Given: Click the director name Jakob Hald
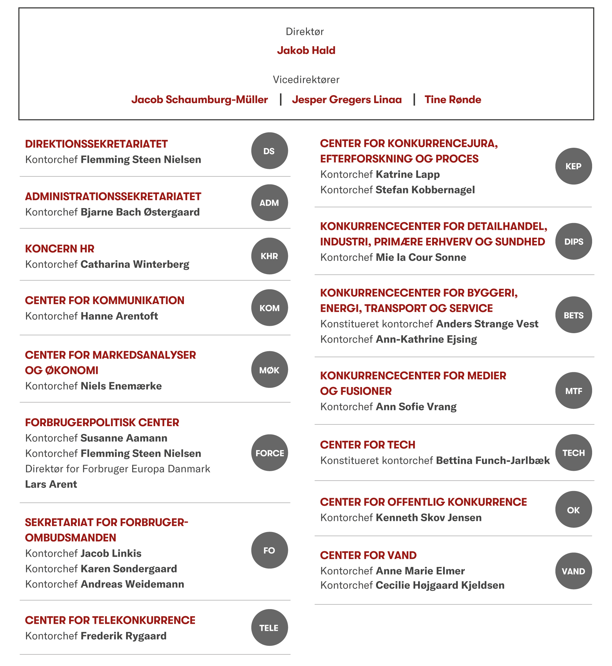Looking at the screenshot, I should (x=306, y=50).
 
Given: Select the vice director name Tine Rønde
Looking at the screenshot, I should (x=453, y=100).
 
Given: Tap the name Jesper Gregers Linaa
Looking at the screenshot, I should (x=347, y=100).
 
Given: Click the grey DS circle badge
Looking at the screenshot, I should (x=269, y=151).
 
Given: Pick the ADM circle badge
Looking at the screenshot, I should (x=269, y=203).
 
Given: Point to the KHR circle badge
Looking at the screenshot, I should (x=269, y=256).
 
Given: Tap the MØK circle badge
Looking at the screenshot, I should (x=269, y=370).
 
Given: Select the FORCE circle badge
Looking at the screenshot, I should (x=269, y=453).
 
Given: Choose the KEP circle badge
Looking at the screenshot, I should (x=573, y=166).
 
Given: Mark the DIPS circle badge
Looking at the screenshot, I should (x=573, y=242).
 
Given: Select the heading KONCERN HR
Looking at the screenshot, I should (x=60, y=249).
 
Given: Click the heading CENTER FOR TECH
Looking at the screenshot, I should (x=368, y=445).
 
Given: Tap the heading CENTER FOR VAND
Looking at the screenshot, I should (x=368, y=555).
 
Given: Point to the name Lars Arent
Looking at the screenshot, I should (x=51, y=484).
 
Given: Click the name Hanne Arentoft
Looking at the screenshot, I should (x=119, y=316).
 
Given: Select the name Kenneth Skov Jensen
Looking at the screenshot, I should (x=428, y=518).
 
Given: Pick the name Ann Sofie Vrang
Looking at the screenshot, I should (x=416, y=407).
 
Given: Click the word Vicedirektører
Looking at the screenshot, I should (x=306, y=80).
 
